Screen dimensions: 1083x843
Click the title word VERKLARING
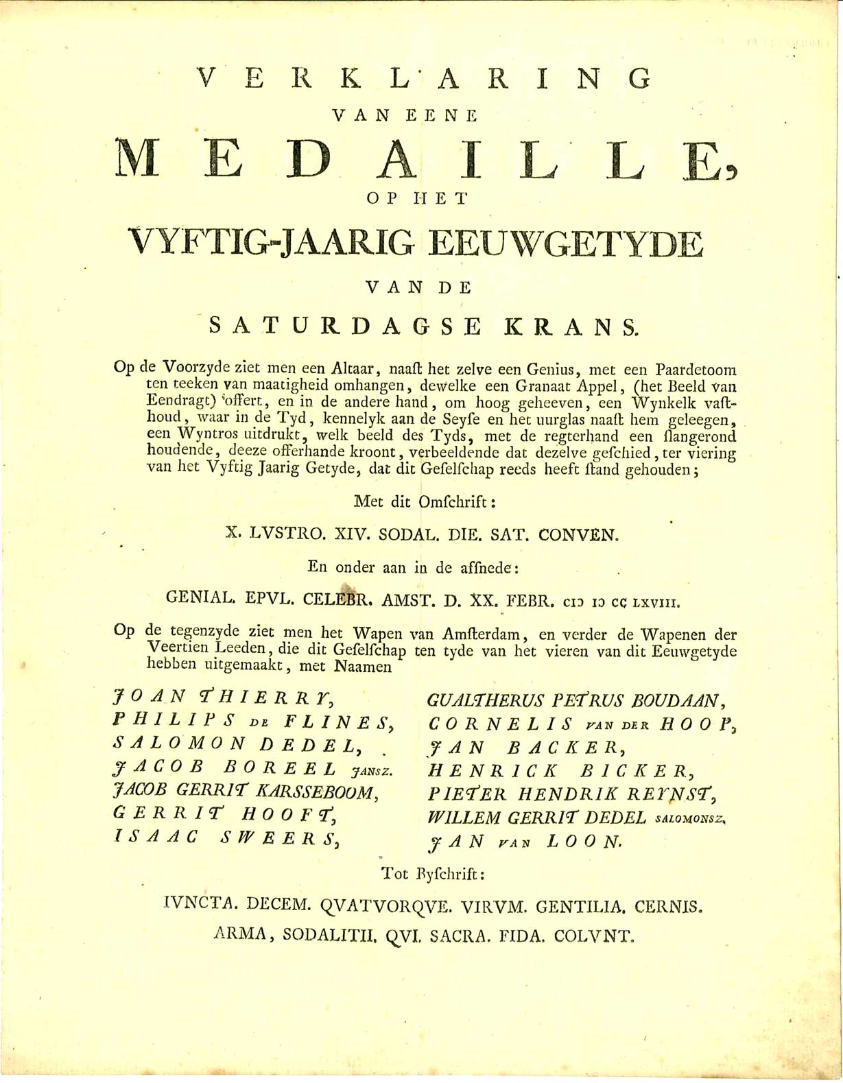point(426,78)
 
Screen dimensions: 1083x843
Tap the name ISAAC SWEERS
point(224,838)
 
